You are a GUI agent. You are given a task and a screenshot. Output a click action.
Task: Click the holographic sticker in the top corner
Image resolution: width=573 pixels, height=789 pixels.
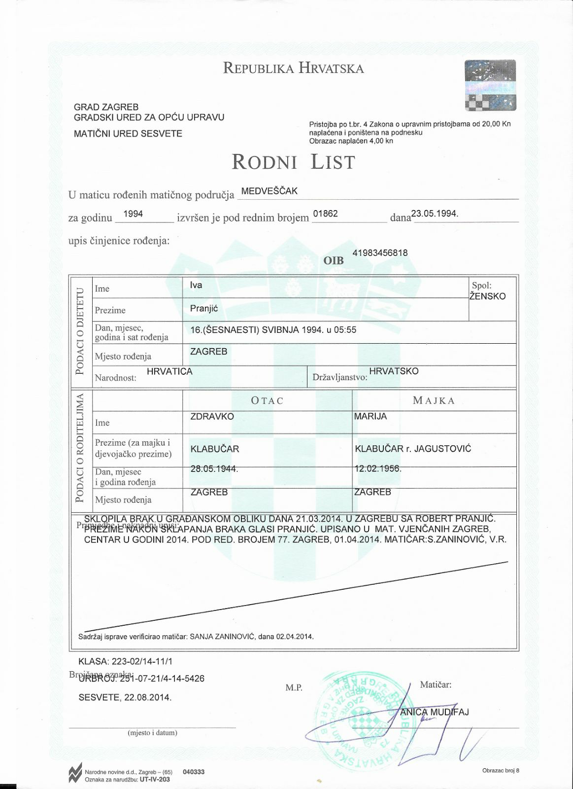490,85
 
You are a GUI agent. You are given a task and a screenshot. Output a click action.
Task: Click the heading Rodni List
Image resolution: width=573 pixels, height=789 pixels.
293,162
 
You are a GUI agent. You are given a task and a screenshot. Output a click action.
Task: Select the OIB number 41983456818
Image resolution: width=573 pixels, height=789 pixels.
380,253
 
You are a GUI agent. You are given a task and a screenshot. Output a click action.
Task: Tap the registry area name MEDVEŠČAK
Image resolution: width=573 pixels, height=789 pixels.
269,191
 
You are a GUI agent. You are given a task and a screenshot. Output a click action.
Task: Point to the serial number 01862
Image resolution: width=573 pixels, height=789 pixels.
325,214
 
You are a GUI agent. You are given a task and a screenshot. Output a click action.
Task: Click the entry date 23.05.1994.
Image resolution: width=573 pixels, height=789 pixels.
435,214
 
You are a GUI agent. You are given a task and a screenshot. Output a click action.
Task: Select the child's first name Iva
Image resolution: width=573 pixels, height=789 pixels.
196,285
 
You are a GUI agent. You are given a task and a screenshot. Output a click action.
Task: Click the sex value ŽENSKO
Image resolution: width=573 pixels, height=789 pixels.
487,296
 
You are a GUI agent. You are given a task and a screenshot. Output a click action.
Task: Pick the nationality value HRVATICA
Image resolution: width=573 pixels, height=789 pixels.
169,371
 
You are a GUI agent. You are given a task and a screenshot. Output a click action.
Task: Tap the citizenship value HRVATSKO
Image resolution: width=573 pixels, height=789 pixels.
394,371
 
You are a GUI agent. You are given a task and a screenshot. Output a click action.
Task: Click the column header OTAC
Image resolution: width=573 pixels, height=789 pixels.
268,400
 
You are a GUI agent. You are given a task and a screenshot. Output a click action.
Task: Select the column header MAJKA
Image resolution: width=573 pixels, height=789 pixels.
434,400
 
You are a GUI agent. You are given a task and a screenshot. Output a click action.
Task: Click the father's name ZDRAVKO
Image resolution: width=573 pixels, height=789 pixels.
212,416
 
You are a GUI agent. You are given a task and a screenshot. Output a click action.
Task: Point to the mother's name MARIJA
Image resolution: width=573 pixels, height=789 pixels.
371,416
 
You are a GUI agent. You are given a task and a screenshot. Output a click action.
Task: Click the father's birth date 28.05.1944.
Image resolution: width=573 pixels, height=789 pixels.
214,468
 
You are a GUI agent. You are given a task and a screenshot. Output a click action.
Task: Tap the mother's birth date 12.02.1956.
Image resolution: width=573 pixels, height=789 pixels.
378,468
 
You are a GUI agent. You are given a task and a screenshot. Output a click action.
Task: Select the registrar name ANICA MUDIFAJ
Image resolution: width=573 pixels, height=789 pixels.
434,712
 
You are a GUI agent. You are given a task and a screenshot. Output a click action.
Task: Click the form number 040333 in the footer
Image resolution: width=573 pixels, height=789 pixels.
193,772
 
